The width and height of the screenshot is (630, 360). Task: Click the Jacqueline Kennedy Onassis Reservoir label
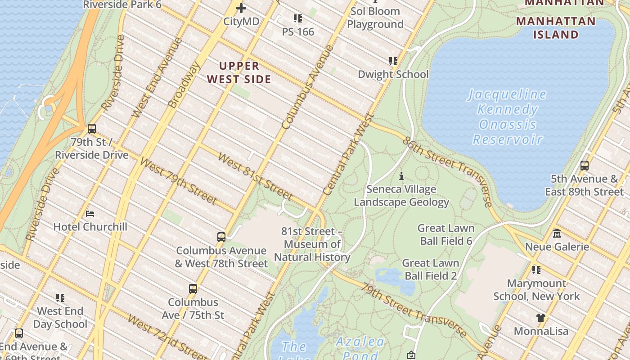[x=507, y=117]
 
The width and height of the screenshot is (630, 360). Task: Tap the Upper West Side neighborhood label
[x=239, y=72]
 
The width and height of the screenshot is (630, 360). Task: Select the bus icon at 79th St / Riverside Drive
[x=92, y=129]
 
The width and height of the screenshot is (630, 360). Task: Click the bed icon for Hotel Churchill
[x=90, y=213]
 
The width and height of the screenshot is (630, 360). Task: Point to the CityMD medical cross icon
[x=241, y=8]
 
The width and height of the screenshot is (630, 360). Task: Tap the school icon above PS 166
[x=297, y=18]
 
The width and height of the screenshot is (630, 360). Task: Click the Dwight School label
[x=393, y=74]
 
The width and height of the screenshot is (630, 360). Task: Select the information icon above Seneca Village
[x=401, y=176]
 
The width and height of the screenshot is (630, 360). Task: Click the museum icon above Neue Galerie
[x=557, y=233]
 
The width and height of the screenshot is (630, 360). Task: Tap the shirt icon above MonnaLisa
[x=541, y=318]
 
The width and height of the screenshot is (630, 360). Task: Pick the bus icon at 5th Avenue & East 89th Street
[x=584, y=166]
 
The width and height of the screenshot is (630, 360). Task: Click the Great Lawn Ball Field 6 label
[x=446, y=234]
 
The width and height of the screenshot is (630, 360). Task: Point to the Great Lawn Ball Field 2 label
[x=431, y=269]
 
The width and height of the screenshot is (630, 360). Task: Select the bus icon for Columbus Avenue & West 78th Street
[x=221, y=237]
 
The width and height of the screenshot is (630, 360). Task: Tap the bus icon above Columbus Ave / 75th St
[x=193, y=289]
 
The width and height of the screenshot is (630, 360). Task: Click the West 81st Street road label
[x=255, y=176]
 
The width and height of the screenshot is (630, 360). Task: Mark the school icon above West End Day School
[x=60, y=298]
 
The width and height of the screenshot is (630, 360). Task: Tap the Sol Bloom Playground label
[x=375, y=18]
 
